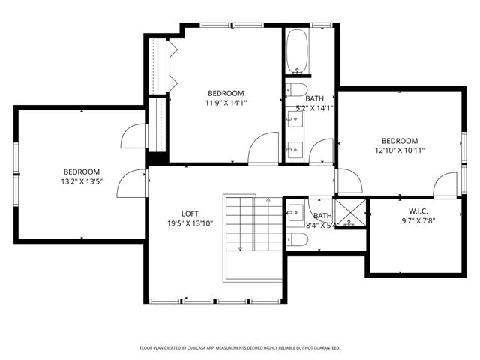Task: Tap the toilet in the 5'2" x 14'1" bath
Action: [296, 91]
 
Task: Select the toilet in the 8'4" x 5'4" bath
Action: [298, 239]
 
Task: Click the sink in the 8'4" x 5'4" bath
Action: [295, 209]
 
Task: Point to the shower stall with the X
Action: [349, 214]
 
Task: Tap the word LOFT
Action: [189, 214]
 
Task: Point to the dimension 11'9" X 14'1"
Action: [226, 103]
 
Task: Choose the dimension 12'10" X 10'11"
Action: [399, 151]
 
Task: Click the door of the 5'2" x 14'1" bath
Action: [322, 150]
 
